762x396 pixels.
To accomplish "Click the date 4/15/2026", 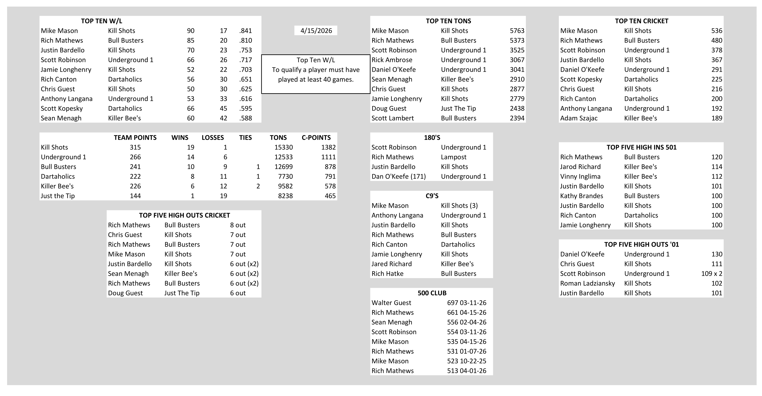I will click(316, 31).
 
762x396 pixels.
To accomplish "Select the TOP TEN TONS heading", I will click(448, 21).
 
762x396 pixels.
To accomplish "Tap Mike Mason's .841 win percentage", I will click(245, 31).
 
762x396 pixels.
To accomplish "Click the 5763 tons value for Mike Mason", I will click(517, 31).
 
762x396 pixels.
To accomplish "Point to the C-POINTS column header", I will click(316, 138).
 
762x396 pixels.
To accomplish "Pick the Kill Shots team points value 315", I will click(135, 147).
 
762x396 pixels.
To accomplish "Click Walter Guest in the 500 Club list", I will click(391, 303).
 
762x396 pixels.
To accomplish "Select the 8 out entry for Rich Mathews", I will click(238, 225).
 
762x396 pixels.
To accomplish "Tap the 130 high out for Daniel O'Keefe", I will click(716, 254).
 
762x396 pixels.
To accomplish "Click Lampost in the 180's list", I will click(454, 157).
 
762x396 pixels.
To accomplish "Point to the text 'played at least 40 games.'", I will click(316, 79).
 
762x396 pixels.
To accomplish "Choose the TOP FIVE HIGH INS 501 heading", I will click(641, 147).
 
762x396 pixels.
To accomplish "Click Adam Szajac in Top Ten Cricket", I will click(579, 118).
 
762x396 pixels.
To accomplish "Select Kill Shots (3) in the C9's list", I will click(459, 206).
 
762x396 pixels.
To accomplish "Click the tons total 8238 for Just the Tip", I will click(285, 196).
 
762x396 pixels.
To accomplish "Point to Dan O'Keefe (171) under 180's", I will click(398, 177).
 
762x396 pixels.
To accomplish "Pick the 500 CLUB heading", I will click(432, 293).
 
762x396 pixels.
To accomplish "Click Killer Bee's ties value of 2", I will click(258, 186).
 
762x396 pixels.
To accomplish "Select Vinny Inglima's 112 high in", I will click(716, 177).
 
